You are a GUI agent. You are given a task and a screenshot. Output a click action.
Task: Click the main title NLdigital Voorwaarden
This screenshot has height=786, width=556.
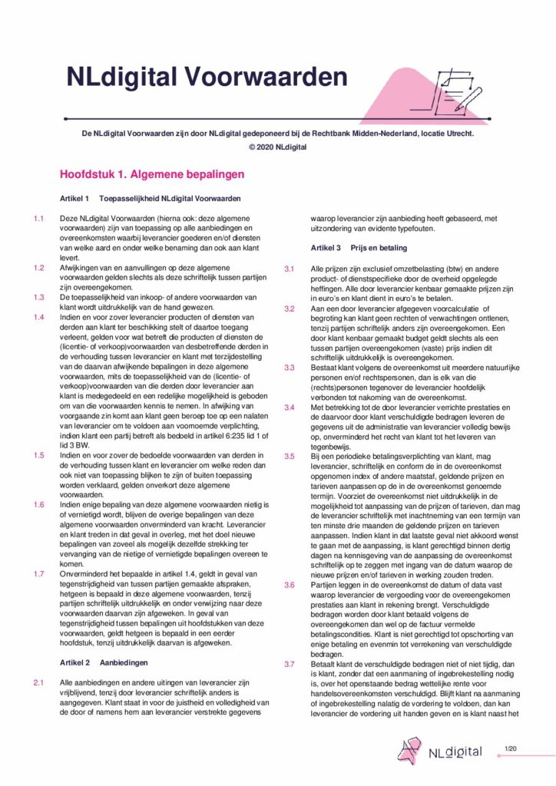207,78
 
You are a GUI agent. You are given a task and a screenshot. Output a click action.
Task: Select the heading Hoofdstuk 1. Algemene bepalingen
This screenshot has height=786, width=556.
152,174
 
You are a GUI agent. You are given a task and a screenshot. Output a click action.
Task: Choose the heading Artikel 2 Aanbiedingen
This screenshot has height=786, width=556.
103,661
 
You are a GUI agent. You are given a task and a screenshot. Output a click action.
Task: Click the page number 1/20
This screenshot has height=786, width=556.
511,747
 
